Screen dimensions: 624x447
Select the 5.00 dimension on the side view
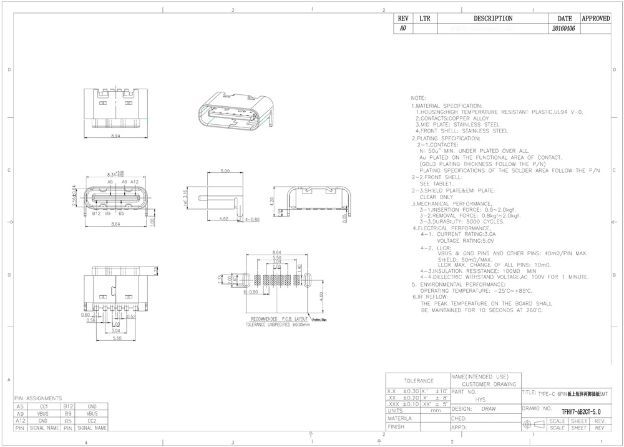[x=225, y=170]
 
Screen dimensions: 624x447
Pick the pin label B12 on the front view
[x=97, y=213]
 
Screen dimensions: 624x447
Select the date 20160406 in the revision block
[x=565, y=29]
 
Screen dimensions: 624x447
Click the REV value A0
[x=402, y=29]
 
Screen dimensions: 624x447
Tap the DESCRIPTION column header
[x=493, y=19]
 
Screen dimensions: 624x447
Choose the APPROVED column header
[x=595, y=19]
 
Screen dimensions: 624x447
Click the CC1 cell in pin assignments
[x=44, y=406]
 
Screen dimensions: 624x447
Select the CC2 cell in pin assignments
[x=92, y=421]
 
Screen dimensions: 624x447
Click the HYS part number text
[x=480, y=399]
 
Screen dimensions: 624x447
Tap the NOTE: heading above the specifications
[x=418, y=99]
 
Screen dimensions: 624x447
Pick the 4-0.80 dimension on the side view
[x=252, y=220]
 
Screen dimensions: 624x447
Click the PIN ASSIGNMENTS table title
[x=38, y=398]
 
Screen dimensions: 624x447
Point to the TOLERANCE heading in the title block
[x=417, y=380]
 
